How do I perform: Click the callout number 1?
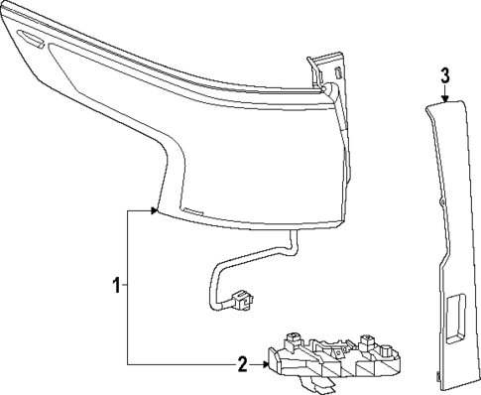pos(116,286)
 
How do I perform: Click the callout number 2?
pos(242,363)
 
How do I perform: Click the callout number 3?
pos(445,75)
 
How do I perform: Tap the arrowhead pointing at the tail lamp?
pos(154,210)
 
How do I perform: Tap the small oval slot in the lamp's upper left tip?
pos(30,41)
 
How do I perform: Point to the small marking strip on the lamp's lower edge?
pos(194,214)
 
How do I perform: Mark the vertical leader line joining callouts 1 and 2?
pos(128,288)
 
